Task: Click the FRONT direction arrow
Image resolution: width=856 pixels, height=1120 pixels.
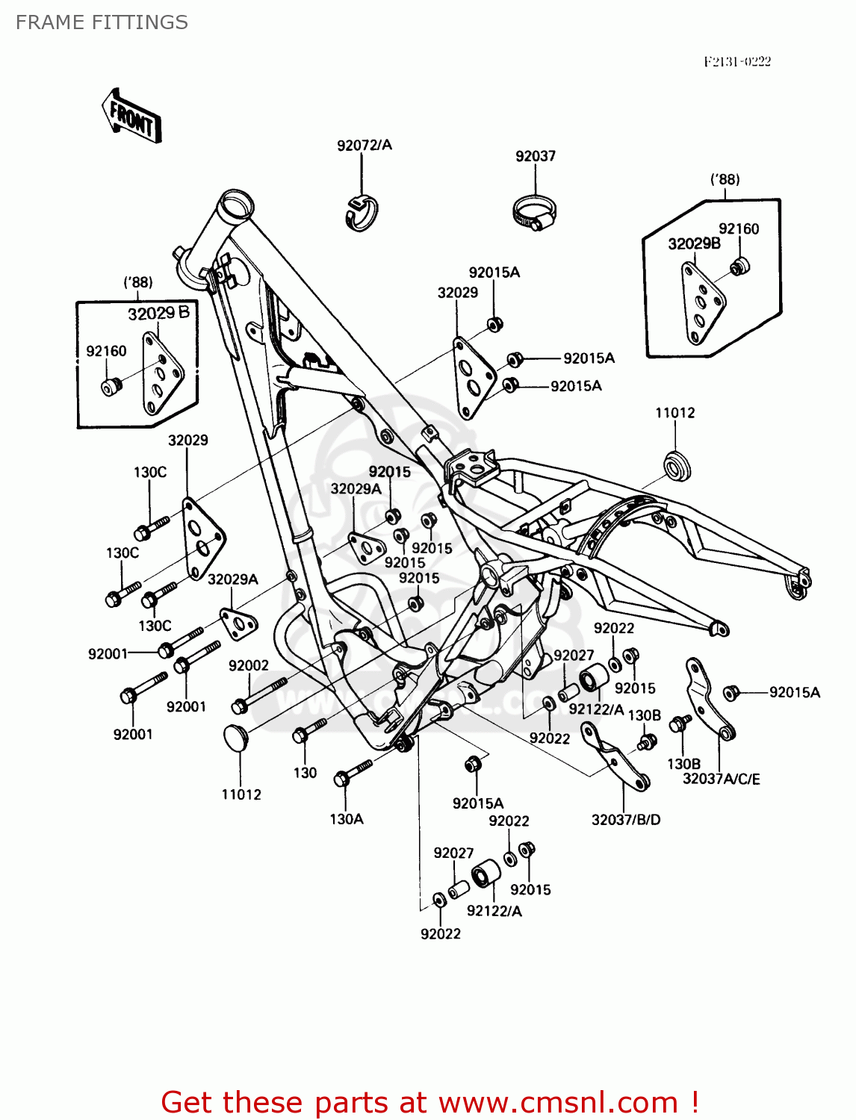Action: (131, 116)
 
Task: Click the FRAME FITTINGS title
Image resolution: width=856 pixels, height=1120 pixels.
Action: (102, 22)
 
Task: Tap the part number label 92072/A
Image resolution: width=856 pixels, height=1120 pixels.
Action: (364, 145)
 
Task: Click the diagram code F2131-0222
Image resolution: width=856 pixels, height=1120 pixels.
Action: (736, 61)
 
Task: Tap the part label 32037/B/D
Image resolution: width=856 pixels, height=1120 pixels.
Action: (626, 819)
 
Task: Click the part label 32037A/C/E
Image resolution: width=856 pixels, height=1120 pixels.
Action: (721, 779)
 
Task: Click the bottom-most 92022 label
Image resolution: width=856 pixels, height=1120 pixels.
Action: (440, 933)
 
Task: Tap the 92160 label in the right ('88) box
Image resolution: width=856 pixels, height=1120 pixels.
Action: (738, 228)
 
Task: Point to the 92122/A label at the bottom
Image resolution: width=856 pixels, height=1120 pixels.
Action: (494, 910)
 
